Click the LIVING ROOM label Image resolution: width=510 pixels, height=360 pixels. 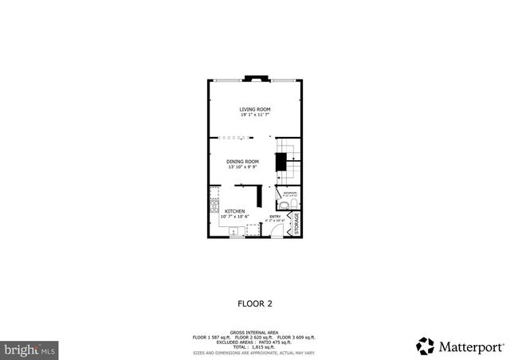[x=255, y=108]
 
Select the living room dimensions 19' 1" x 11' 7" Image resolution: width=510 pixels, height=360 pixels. [x=255, y=114]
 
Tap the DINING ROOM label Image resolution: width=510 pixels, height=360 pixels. [x=242, y=162]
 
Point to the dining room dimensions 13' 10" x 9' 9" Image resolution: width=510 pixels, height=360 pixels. [x=242, y=167]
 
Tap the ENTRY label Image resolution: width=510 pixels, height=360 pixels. [x=274, y=216]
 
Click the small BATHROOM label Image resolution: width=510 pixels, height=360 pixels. [x=288, y=193]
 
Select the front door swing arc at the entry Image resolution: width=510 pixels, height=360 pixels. [x=275, y=230]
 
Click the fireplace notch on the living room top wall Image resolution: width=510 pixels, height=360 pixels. [x=255, y=79]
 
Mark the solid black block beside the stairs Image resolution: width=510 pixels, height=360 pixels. [x=280, y=162]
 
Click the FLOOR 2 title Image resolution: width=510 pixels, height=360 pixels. [x=255, y=303]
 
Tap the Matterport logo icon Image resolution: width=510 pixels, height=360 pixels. [x=425, y=345]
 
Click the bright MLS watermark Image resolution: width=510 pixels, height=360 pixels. [x=30, y=349]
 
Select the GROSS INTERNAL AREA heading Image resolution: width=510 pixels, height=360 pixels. [x=254, y=332]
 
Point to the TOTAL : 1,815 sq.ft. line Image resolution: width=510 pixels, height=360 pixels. [x=254, y=347]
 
